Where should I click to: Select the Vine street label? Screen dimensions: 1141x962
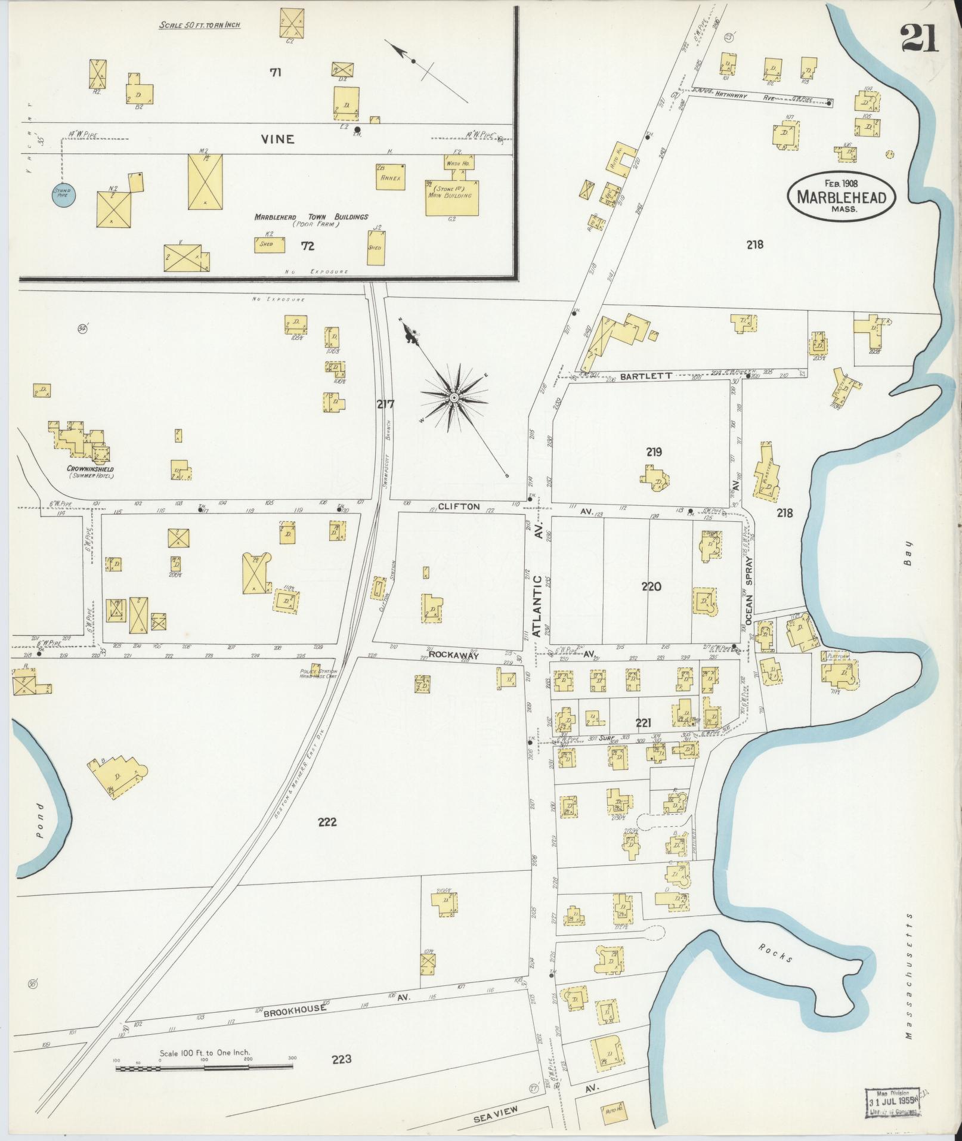(x=277, y=140)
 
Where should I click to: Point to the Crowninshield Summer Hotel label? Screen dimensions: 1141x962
(x=91, y=472)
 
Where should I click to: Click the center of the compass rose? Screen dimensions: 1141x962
(x=454, y=397)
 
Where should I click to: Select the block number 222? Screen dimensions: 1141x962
(x=327, y=822)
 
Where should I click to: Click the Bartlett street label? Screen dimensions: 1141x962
(x=645, y=376)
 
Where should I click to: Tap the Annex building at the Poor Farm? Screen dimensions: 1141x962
(x=390, y=178)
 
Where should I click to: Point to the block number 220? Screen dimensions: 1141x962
(x=651, y=587)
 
